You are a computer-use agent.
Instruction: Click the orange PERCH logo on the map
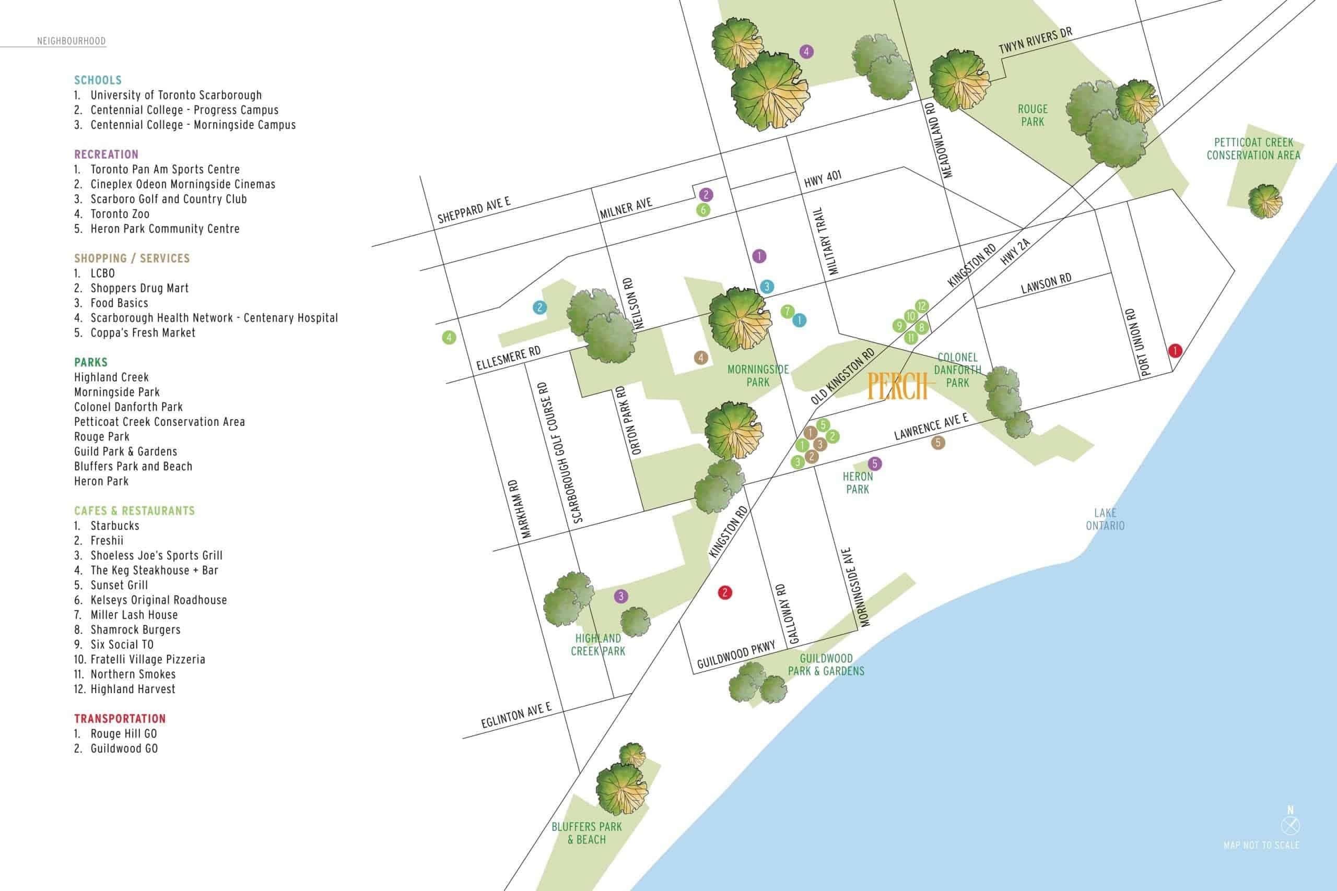click(898, 387)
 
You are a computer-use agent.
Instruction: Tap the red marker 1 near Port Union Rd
click(1175, 351)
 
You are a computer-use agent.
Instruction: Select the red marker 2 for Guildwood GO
click(725, 592)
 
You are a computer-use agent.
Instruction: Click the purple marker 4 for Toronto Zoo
click(806, 52)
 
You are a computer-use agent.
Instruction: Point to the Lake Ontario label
click(1105, 519)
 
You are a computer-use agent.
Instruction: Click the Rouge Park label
click(1033, 115)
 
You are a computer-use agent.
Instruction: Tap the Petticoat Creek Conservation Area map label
click(1253, 148)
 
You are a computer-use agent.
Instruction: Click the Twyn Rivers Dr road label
click(1035, 41)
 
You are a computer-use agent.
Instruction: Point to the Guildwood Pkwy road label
click(736, 655)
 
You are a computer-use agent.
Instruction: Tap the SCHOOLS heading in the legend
click(98, 80)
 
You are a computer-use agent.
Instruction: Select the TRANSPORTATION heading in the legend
click(120, 719)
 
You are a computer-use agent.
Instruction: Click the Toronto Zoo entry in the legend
click(120, 213)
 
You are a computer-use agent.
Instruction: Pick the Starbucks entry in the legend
click(115, 526)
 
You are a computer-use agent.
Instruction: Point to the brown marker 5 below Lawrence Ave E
click(938, 443)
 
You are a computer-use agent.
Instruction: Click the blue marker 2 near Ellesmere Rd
click(540, 308)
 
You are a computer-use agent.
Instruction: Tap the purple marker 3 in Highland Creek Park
click(621, 596)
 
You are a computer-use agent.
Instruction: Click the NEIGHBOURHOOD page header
click(71, 41)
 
